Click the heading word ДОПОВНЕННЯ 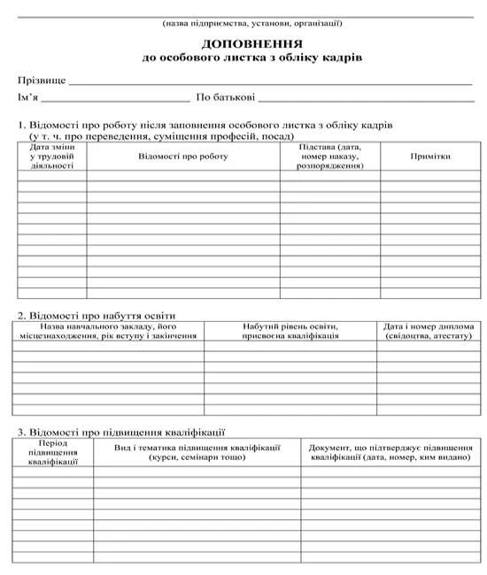point(251,43)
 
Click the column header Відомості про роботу point(183,156)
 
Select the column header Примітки point(430,156)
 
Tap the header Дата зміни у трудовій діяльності point(51,156)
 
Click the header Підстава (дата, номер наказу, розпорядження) point(330,156)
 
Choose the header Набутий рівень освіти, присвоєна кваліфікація point(290,331)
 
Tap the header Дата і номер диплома point(429,331)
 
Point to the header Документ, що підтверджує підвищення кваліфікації point(391,451)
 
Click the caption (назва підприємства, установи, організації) point(252,23)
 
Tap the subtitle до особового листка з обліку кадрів point(251,57)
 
